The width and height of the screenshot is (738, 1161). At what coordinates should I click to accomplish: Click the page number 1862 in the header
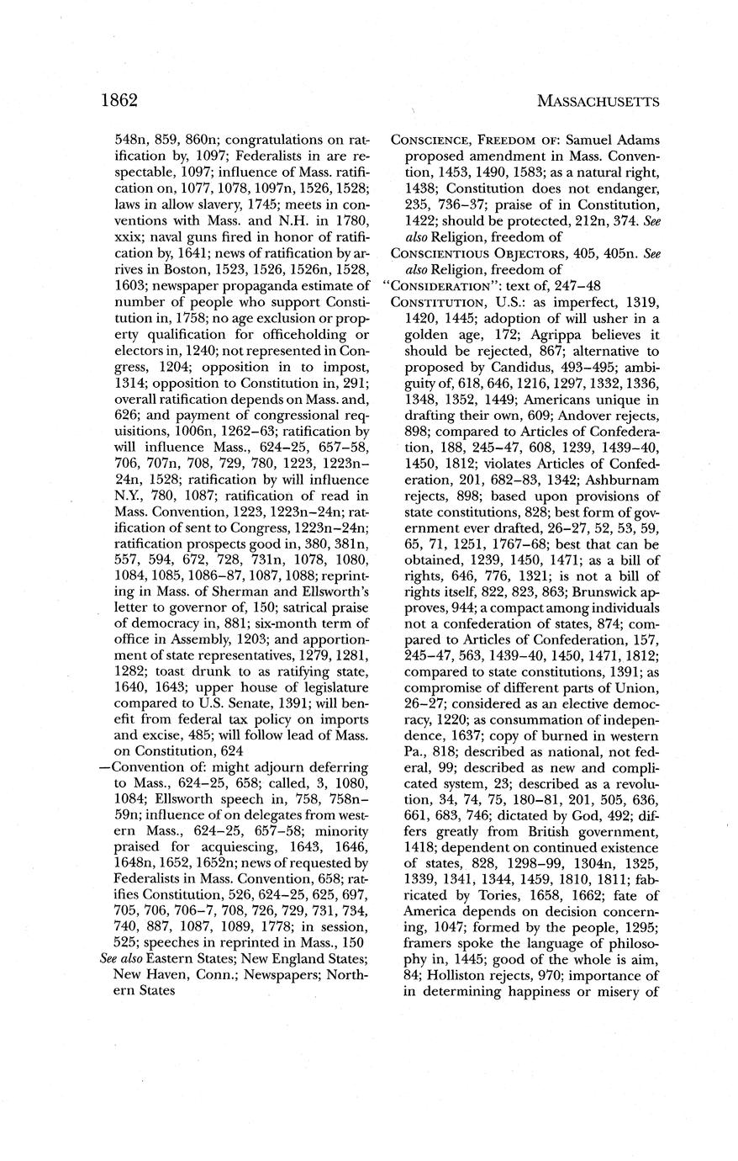click(119, 100)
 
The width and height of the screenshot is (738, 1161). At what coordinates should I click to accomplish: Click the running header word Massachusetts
click(597, 101)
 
